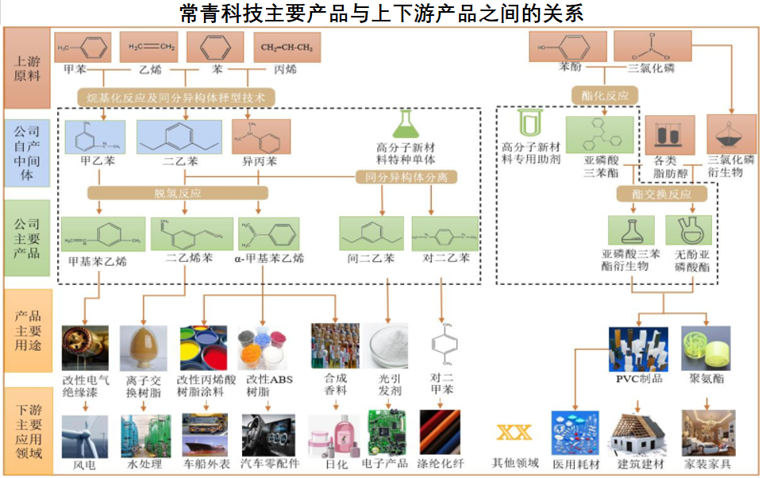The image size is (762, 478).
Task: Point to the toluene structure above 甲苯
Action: point(83,47)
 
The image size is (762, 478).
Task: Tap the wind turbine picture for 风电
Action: point(84,434)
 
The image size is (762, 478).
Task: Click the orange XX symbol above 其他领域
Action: point(514,433)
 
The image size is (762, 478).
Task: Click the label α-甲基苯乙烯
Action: point(268,258)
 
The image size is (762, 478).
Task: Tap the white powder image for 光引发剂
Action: point(389,345)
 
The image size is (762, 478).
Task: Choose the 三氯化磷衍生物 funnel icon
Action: point(731,134)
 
